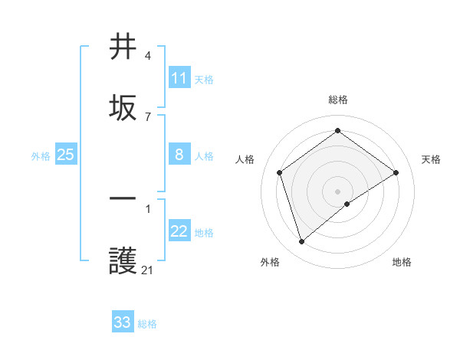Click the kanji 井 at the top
coord(123,47)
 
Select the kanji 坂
coord(123,106)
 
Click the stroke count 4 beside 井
coord(148,56)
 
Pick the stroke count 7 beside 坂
coord(148,116)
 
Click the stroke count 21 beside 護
coord(148,270)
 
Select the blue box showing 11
coord(179,78)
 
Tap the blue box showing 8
coord(179,155)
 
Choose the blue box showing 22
coord(179,231)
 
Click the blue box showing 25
coord(65,155)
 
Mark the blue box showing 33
coord(123,322)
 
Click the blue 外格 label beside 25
coord(41,156)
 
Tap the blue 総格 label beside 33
coord(147,324)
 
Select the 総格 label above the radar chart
coord(337,100)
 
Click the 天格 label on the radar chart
coord(431,159)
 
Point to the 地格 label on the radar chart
coord(402,262)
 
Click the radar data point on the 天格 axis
coord(396,172)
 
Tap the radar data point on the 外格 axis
coord(301,242)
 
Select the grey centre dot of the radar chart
coord(337,191)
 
